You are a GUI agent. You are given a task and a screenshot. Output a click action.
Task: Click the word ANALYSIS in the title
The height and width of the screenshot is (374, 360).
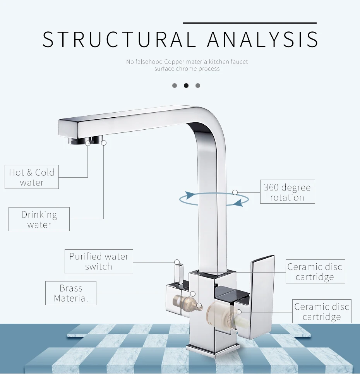coord(263,39)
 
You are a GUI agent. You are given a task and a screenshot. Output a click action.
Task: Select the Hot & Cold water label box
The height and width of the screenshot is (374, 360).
coord(32,177)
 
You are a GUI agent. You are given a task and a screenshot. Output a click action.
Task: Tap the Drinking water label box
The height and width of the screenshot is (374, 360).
coord(39,220)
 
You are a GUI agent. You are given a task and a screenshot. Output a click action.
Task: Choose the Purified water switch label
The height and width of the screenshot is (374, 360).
coord(99,261)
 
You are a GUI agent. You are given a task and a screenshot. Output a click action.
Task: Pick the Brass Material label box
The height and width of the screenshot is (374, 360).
coord(71,293)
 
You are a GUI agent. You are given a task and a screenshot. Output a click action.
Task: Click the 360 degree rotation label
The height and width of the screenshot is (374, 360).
coord(287,192)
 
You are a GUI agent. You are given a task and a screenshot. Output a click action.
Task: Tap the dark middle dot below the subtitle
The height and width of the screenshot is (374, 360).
coord(186,86)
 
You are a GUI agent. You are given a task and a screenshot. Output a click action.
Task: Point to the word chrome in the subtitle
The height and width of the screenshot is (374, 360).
coord(187,69)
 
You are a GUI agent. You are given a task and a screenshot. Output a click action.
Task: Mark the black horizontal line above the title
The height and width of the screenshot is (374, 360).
coord(249,23)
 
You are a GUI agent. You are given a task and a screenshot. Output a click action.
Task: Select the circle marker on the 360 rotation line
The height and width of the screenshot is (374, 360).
coord(235,192)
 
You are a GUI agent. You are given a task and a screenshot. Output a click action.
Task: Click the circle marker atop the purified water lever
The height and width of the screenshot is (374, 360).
coord(177,262)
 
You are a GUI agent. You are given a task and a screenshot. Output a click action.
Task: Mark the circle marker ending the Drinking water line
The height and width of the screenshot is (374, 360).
coord(103,143)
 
